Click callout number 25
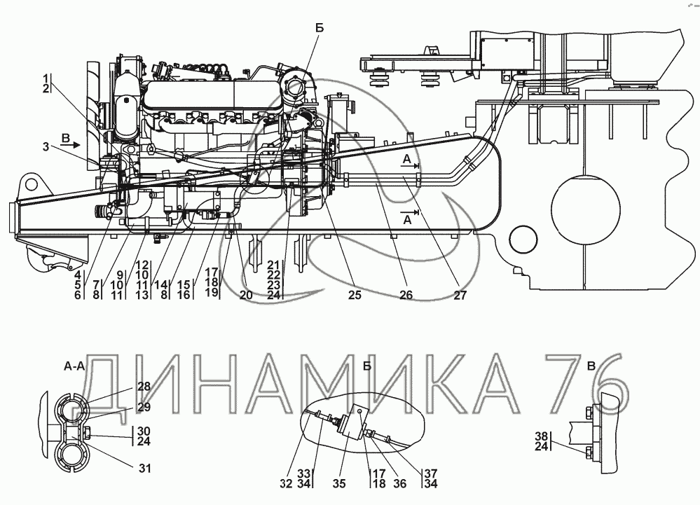pyautogui.click(x=355, y=295)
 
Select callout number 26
pyautogui.click(x=406, y=295)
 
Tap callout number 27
pyautogui.click(x=460, y=295)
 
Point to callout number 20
pyautogui.click(x=246, y=295)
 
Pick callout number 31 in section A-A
pyautogui.click(x=144, y=469)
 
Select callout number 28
pyautogui.click(x=144, y=387)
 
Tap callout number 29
pyautogui.click(x=144, y=407)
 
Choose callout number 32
pyautogui.click(x=286, y=483)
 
